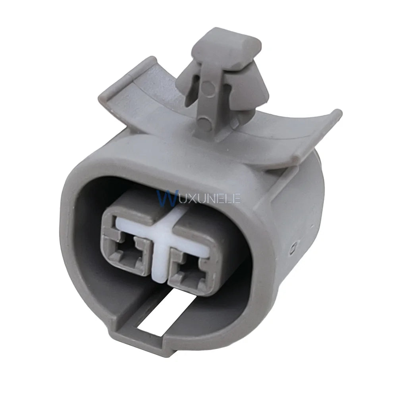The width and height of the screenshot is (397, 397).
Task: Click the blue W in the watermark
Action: pyautogui.click(x=166, y=198)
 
